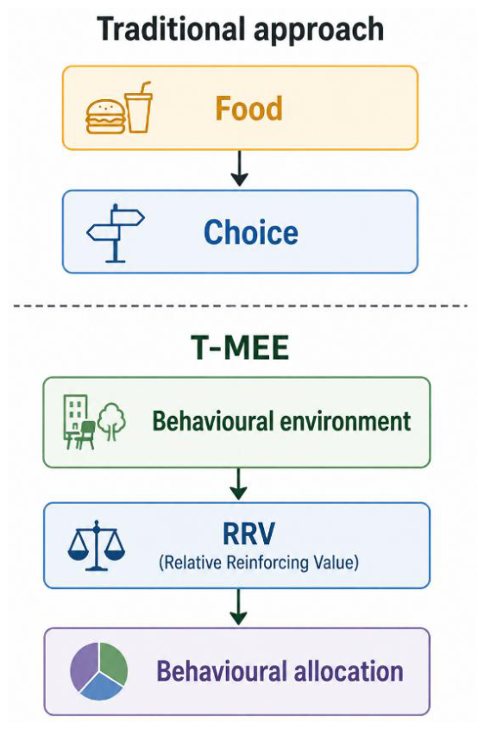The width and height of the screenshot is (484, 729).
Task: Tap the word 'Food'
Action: point(248,109)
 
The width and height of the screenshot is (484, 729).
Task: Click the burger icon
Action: point(105,117)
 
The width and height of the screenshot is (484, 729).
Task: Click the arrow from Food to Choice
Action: point(240,168)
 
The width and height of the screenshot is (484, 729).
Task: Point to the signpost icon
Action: point(116,233)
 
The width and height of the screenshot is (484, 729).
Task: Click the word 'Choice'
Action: point(251,232)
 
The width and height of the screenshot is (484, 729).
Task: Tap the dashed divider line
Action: point(241,306)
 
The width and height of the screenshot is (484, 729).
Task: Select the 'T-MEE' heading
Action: point(240,348)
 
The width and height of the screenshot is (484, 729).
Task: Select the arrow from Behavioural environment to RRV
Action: point(239,484)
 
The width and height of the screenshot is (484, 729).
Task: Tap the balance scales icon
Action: point(97,545)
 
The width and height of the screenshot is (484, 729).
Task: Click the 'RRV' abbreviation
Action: point(248,534)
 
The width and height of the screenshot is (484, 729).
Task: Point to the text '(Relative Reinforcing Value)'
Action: point(259,562)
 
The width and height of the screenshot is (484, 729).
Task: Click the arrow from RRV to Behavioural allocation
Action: point(239,607)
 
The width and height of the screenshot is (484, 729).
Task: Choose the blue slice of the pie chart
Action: point(100,687)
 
